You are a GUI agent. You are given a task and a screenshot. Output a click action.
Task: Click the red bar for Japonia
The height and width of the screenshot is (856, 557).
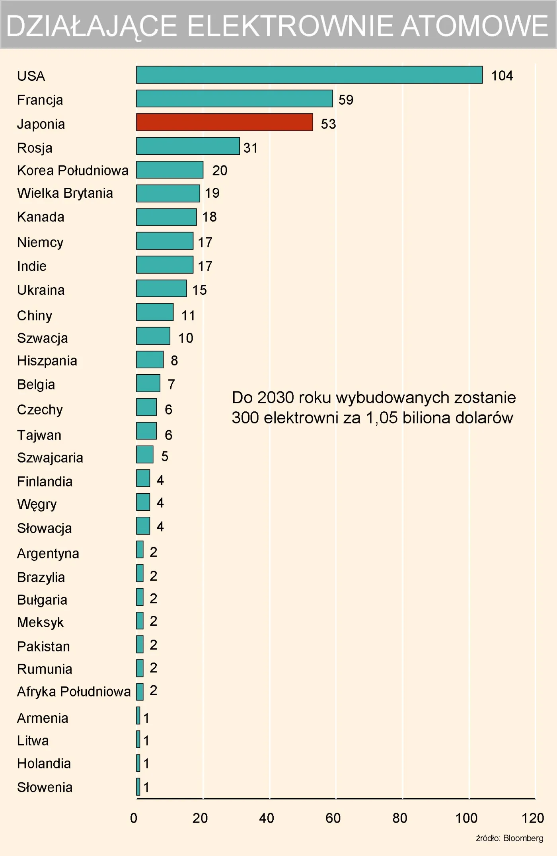click(x=224, y=122)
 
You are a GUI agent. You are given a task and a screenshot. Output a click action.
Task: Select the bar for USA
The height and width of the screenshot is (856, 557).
click(x=309, y=75)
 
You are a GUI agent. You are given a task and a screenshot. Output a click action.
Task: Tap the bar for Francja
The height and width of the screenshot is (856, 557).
click(x=234, y=99)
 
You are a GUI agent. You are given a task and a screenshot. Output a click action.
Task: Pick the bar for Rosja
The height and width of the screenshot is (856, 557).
click(x=188, y=146)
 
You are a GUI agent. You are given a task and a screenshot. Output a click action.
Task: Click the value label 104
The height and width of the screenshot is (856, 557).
click(x=502, y=76)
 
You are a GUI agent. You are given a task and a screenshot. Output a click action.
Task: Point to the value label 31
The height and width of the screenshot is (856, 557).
click(x=250, y=148)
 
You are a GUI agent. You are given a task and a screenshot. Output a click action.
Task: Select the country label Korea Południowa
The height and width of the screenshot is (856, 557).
click(x=72, y=170)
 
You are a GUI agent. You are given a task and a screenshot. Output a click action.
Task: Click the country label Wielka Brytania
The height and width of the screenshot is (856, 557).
click(x=65, y=193)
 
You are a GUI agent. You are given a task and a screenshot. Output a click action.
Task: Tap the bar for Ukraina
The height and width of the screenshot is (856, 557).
click(x=161, y=288)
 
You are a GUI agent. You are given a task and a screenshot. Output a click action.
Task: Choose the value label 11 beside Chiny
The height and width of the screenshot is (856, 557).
click(x=188, y=315)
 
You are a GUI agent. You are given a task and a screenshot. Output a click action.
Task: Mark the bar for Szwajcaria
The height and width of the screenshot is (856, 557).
click(x=145, y=454)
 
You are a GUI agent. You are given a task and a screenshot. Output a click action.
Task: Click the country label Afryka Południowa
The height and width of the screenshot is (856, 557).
click(x=74, y=692)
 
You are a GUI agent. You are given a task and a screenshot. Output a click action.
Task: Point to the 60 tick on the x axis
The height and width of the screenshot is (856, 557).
click(x=333, y=818)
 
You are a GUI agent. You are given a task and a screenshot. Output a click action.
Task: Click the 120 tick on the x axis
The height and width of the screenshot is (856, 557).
click(x=533, y=818)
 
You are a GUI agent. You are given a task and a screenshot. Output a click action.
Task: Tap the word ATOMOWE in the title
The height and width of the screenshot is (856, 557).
click(x=474, y=26)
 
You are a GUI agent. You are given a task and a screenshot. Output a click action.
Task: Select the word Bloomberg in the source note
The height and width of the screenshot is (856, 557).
click(x=523, y=838)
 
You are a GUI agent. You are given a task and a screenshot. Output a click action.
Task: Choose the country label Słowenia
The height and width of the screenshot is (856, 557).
click(x=45, y=787)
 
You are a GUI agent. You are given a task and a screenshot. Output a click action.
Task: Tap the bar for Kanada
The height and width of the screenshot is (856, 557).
click(x=166, y=217)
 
